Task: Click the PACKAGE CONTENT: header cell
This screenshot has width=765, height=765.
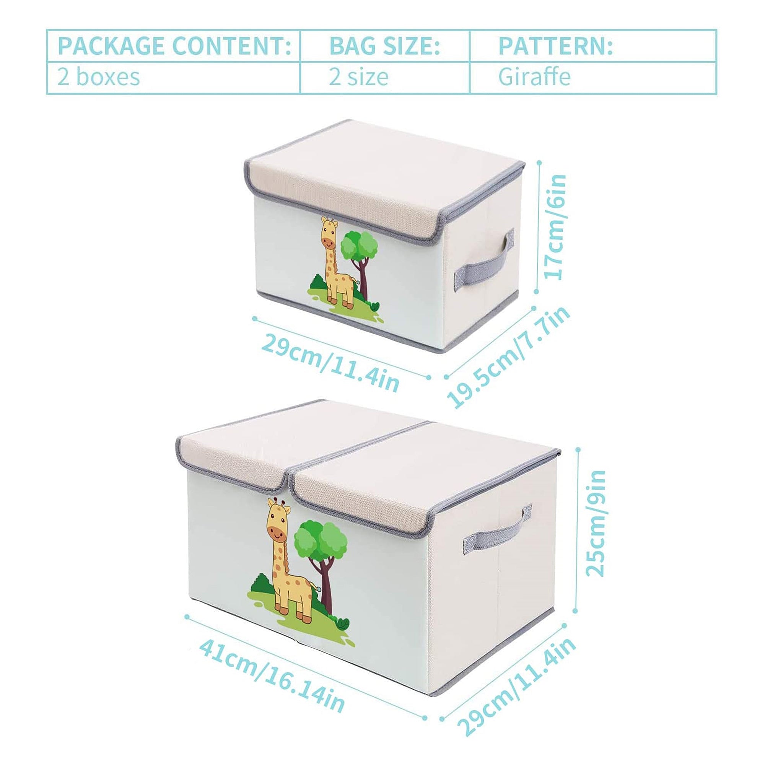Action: pyautogui.click(x=174, y=46)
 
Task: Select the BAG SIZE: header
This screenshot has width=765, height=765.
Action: pyautogui.click(x=385, y=46)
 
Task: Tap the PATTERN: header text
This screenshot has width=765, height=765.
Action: pyautogui.click(x=555, y=46)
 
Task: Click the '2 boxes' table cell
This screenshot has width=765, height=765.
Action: pyautogui.click(x=99, y=77)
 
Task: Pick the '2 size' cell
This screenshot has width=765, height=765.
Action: pyautogui.click(x=358, y=77)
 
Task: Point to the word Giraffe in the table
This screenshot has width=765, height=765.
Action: pyautogui.click(x=534, y=76)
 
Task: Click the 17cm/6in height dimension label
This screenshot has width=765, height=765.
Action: pyautogui.click(x=556, y=227)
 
